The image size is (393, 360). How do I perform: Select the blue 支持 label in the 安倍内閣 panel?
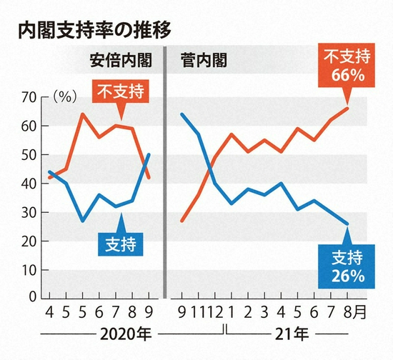click(120, 244)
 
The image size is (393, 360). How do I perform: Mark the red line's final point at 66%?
click(347, 108)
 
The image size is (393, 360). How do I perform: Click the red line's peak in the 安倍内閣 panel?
click(83, 114)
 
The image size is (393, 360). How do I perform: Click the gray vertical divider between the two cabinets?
click(165, 171)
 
